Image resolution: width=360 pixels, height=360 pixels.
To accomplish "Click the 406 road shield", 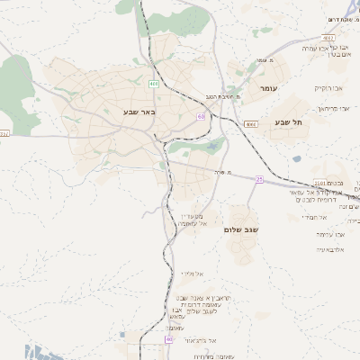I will [154, 84].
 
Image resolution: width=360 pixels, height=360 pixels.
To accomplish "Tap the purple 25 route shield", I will [259, 180].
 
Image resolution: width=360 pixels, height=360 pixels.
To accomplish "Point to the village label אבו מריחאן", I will [332, 107].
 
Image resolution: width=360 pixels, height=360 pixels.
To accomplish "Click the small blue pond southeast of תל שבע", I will [297, 159].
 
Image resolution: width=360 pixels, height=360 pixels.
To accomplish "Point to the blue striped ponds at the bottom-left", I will [7, 351].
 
